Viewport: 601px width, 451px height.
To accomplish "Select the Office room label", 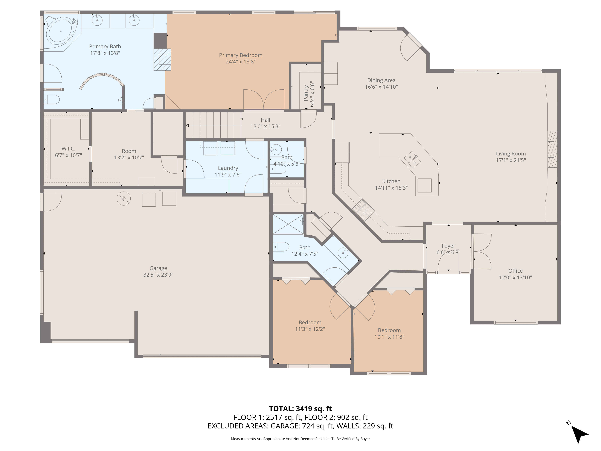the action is click(515, 271).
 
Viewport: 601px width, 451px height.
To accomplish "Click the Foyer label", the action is click(448, 246).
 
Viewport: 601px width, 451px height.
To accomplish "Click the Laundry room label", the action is click(228, 168).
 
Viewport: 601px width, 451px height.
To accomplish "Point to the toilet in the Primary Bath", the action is click(52, 100).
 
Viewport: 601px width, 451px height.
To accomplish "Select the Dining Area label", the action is click(381, 80).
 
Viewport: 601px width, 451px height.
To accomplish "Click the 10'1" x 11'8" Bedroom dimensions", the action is click(389, 337).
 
